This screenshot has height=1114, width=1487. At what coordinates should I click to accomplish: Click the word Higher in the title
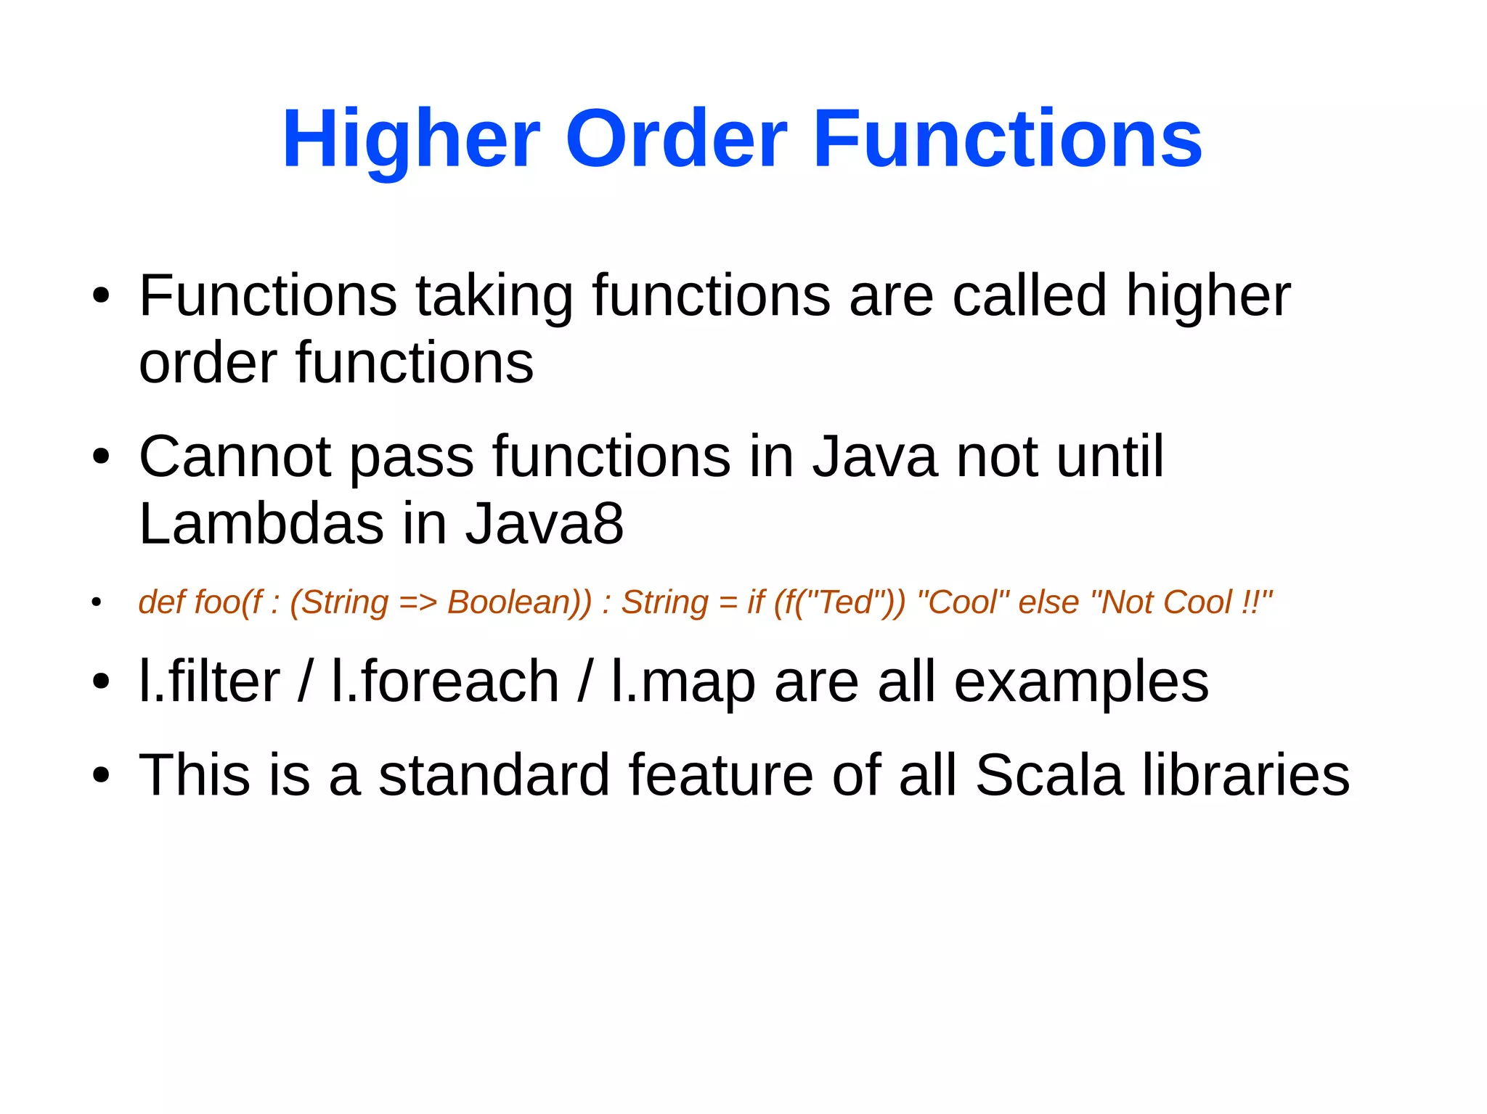[x=411, y=139]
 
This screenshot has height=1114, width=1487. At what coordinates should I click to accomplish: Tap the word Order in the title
[x=677, y=139]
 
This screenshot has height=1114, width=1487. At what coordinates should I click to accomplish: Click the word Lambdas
[x=261, y=524]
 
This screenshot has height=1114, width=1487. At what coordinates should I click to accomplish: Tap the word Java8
[x=545, y=524]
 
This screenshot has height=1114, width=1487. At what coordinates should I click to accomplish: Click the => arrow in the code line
[x=418, y=603]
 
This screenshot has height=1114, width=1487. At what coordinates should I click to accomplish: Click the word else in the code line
[x=1048, y=603]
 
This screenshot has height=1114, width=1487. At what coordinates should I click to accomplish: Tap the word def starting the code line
[x=157, y=603]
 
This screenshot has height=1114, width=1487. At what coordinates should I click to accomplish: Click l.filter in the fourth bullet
[x=209, y=682]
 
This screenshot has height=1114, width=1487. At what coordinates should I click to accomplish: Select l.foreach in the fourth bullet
[x=444, y=682]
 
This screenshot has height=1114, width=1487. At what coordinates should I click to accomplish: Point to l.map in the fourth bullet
[x=683, y=682]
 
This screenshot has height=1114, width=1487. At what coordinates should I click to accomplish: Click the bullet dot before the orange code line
[x=97, y=602]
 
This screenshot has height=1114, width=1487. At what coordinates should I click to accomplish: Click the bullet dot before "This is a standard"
[x=101, y=775]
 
